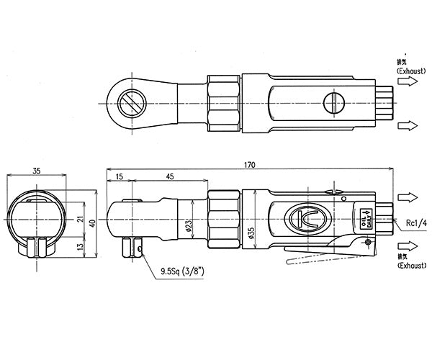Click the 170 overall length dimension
[x=249, y=166]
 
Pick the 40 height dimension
[x=93, y=224]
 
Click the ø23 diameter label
[x=189, y=227]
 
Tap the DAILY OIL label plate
[x=365, y=217]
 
